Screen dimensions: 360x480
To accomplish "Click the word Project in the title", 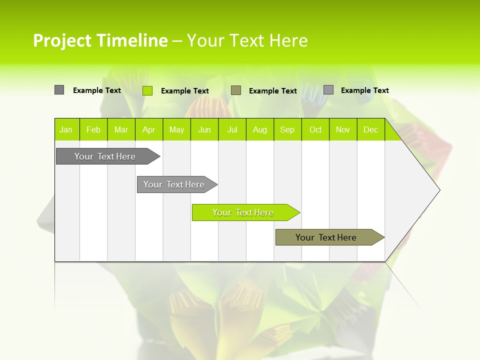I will pos(62,40).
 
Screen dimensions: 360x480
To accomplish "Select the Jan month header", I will pos(66,129).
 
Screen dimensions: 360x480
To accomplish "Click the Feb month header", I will pos(93,129).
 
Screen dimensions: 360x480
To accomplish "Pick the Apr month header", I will pos(148,129).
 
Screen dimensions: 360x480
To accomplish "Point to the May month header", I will pos(176,129).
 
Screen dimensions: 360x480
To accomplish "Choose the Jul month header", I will pos(232,129).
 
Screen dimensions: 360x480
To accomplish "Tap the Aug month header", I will pos(259,129).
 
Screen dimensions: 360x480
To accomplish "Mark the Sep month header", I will pos(287,129).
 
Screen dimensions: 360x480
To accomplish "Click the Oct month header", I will pos(315,129).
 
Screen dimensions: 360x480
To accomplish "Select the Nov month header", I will pos(343,129).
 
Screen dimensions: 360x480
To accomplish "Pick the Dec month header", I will pos(370,129).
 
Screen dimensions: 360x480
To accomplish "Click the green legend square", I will pos(147,90).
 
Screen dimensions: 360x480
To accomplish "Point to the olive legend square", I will pos(236,90).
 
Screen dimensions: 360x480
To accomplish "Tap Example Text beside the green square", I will pos(185,91).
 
